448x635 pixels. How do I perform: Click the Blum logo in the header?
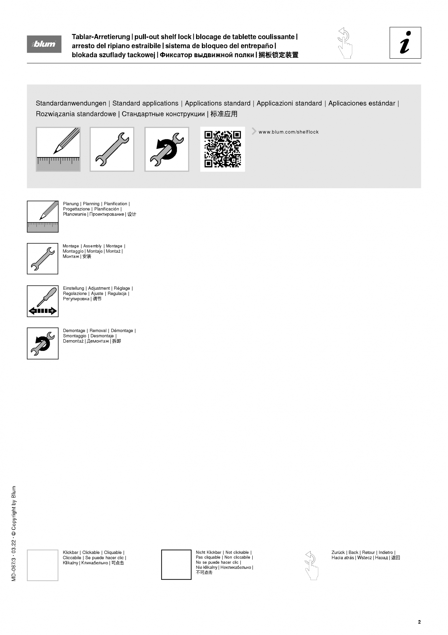point(44,44)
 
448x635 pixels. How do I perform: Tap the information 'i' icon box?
point(405,43)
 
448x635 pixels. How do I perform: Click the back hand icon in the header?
point(345,43)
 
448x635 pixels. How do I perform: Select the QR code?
point(222,149)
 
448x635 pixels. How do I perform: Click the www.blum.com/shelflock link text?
point(288,132)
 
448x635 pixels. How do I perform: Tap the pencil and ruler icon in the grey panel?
point(58,149)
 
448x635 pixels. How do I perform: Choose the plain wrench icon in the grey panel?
point(112,149)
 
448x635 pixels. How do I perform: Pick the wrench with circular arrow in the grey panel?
point(167,149)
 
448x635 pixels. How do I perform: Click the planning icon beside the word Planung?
point(43,217)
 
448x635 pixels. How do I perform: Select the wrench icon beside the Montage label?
point(43,259)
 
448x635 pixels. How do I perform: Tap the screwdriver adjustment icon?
point(43,301)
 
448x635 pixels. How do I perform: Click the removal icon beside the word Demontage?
point(43,343)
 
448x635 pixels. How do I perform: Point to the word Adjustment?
point(99,288)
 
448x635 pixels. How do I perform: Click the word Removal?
point(98,331)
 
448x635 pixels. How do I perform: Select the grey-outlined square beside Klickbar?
point(43,565)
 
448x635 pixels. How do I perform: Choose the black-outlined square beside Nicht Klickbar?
point(176,565)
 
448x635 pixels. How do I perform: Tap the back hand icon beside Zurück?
point(311,565)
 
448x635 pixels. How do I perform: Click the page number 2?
point(419,622)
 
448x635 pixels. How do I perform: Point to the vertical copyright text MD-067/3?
point(14,533)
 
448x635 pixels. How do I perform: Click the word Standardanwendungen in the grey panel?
point(71,103)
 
